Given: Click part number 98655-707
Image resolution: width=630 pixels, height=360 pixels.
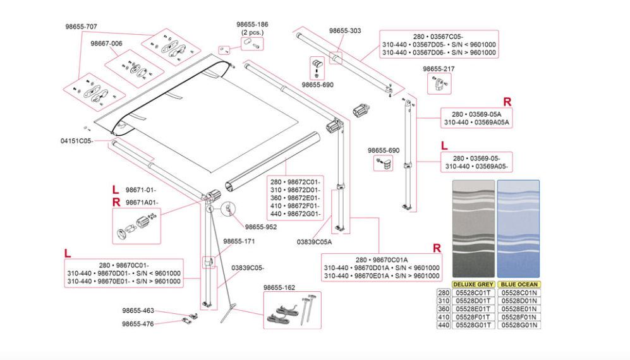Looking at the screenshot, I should [82, 27].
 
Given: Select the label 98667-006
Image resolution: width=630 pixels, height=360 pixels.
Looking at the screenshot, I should [106, 43].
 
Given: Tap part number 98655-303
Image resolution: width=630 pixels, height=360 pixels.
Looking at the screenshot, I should [345, 30].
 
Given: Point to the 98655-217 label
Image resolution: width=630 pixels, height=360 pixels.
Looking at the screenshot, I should [439, 68].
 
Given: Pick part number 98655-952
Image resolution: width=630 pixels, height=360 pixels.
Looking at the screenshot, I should [260, 226].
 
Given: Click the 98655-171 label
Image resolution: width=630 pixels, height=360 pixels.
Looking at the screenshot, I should [239, 241].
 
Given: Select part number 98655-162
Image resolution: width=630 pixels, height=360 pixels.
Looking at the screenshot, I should [279, 287].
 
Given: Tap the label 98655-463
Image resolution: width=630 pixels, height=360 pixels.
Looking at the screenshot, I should [138, 311].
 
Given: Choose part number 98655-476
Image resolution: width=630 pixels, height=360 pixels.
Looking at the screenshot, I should [138, 323].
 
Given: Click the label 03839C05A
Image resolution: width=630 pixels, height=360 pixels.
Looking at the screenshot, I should [314, 241].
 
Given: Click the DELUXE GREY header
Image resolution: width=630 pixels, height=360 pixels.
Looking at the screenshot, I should [473, 285].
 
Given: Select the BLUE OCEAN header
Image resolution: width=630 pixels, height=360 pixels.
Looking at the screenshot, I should [518, 285].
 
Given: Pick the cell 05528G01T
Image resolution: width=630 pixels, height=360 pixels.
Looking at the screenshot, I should [473, 325].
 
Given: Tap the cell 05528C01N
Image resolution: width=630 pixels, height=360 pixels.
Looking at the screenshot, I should [518, 292].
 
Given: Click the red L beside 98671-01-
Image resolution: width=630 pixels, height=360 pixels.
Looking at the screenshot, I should [114, 189].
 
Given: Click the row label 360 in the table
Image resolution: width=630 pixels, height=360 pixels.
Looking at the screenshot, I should [444, 309].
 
